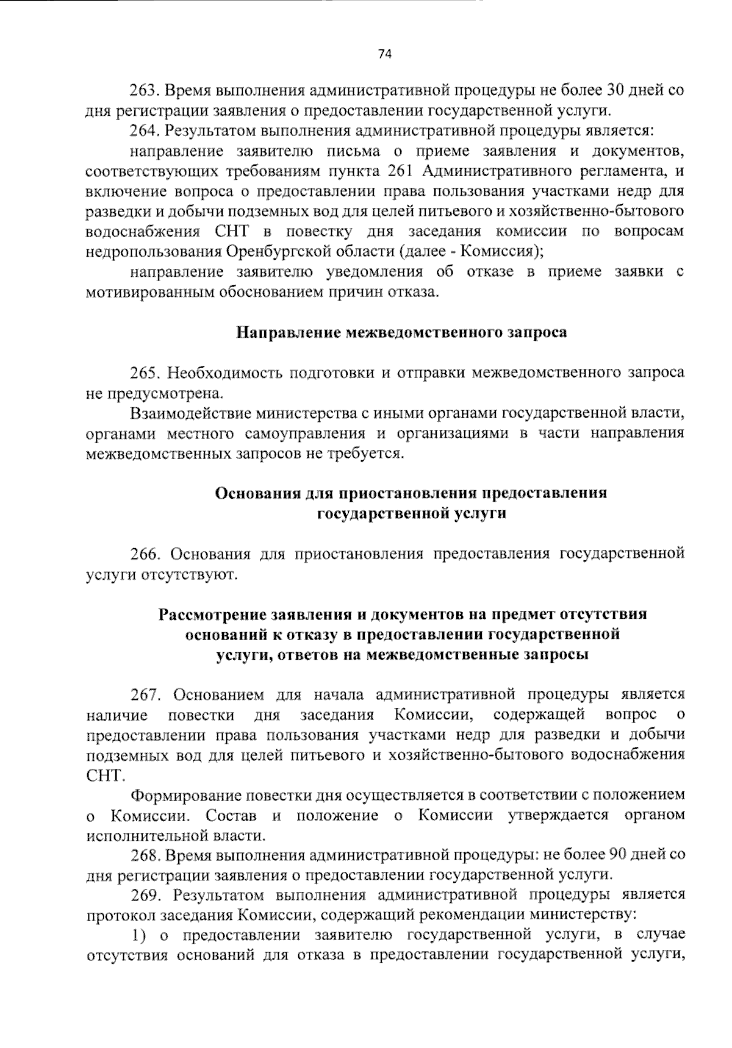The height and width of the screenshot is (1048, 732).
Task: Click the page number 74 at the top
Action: [x=384, y=54]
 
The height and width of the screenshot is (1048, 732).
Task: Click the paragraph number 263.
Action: [x=144, y=91]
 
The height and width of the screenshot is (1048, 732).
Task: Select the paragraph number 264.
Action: [x=144, y=131]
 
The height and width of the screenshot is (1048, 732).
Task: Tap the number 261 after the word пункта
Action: [x=401, y=171]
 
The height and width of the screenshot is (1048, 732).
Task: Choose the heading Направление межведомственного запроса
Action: [x=402, y=333]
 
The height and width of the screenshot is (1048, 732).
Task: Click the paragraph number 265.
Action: [x=144, y=373]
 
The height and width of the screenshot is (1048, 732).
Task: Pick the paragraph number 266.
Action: [x=144, y=554]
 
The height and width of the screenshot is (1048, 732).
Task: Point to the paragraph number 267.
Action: [x=144, y=694]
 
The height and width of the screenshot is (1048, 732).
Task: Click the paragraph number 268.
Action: [x=144, y=855]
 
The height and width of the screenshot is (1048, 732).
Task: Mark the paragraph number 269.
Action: [x=144, y=896]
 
